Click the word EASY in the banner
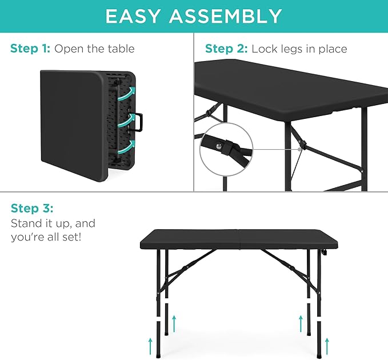tap(135, 16)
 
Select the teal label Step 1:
tap(30, 49)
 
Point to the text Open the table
tap(94, 49)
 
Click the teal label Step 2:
tap(226, 49)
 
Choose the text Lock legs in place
tap(299, 49)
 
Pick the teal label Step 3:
tap(32, 208)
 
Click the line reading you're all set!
tap(46, 236)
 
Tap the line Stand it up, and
tap(53, 223)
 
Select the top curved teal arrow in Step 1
tap(131, 93)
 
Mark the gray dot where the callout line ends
tap(299, 150)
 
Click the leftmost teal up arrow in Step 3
tap(151, 345)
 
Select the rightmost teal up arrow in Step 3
tap(327, 345)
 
